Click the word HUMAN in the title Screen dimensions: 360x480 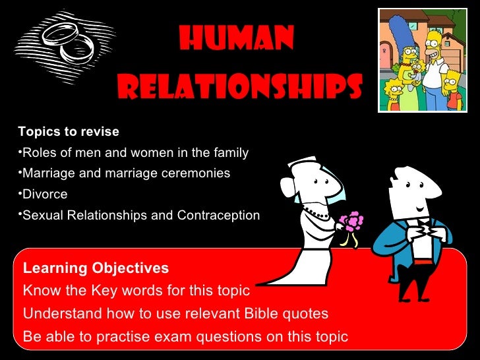[236, 42]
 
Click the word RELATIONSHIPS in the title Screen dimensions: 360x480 [240, 85]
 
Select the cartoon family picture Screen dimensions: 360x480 [423, 61]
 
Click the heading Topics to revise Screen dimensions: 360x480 [69, 131]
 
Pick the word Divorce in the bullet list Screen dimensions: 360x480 [45, 195]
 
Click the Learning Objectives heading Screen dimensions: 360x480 [96, 268]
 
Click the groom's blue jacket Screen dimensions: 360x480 [396, 241]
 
